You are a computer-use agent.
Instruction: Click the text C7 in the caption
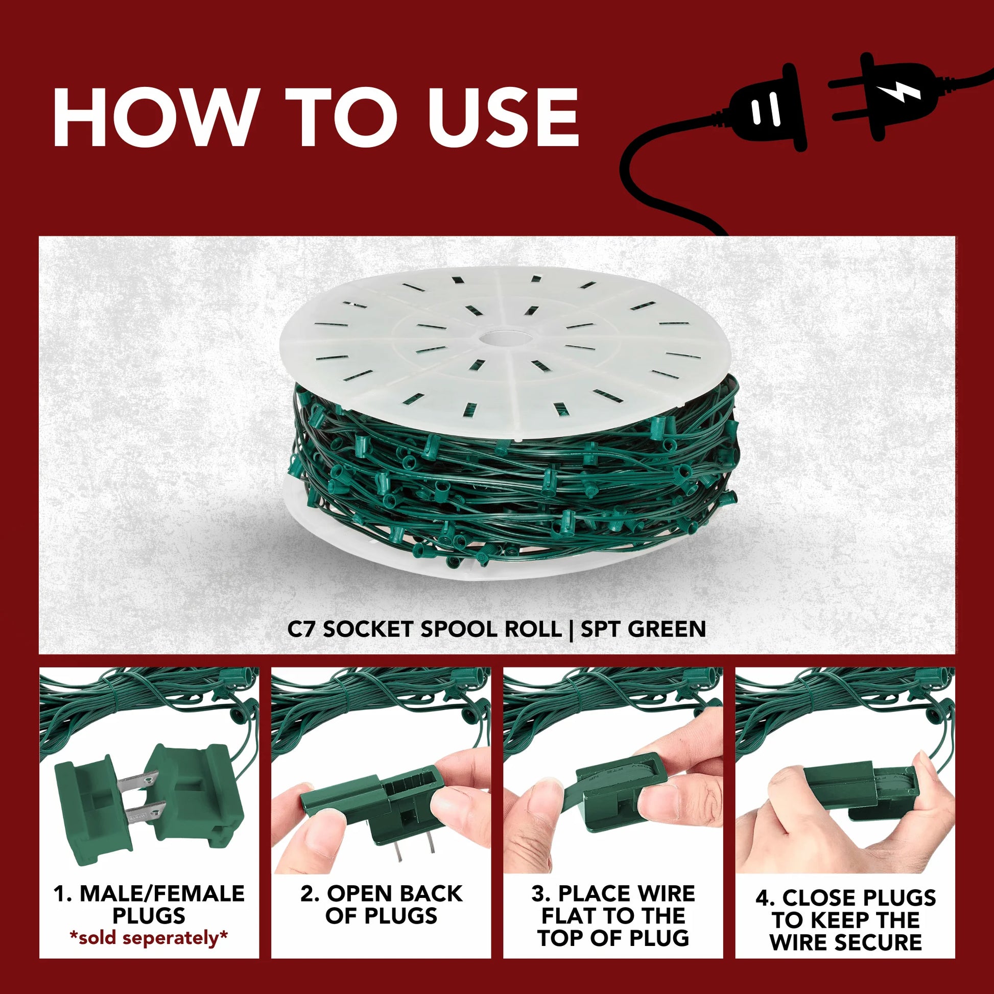(x=300, y=629)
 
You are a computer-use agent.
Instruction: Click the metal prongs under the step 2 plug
(x=415, y=856)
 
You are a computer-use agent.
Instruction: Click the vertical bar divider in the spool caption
(x=571, y=629)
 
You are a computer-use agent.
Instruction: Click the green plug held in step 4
(x=859, y=789)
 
